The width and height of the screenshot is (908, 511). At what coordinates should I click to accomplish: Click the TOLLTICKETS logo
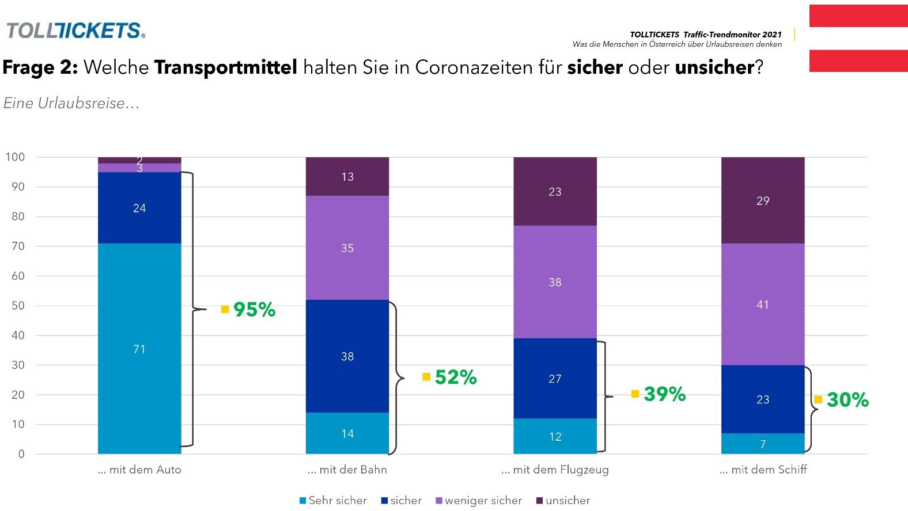click(75, 30)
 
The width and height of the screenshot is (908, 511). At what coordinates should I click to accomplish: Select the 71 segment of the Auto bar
click(139, 349)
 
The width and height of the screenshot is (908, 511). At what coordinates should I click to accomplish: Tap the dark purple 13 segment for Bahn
click(347, 177)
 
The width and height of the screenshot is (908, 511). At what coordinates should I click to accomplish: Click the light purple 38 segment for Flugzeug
click(555, 282)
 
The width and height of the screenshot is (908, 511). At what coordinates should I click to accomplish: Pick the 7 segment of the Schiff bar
click(763, 444)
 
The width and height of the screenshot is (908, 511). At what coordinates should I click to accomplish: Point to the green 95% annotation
click(254, 310)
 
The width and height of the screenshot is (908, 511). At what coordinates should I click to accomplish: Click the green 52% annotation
click(456, 377)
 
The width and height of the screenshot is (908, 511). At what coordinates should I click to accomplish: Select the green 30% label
click(848, 400)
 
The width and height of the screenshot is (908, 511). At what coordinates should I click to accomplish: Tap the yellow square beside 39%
click(635, 394)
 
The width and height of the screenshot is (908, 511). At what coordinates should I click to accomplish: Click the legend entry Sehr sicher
click(334, 501)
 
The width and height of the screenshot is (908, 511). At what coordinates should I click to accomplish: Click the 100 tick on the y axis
click(15, 157)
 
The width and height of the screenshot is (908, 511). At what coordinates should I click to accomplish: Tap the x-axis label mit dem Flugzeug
click(555, 470)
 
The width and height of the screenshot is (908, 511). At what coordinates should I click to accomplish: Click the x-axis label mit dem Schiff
click(763, 470)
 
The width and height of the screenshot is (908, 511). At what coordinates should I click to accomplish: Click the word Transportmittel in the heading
click(225, 67)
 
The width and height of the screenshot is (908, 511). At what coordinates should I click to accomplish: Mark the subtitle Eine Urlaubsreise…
click(71, 103)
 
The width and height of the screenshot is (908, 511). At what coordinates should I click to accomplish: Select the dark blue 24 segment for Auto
click(139, 208)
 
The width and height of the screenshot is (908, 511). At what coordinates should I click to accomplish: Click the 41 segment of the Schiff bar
click(763, 304)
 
